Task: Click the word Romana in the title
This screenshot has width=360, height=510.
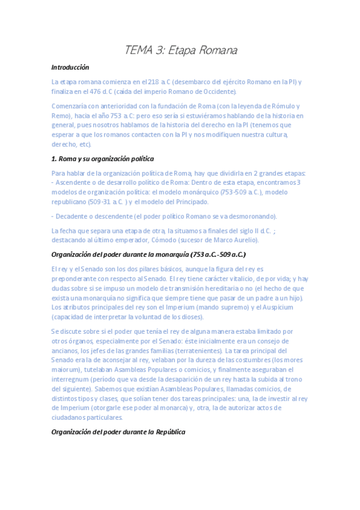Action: (215, 51)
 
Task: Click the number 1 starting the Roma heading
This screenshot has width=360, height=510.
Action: (53, 159)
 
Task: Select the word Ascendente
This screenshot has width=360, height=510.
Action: (75, 182)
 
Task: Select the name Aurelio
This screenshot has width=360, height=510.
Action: (244, 239)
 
